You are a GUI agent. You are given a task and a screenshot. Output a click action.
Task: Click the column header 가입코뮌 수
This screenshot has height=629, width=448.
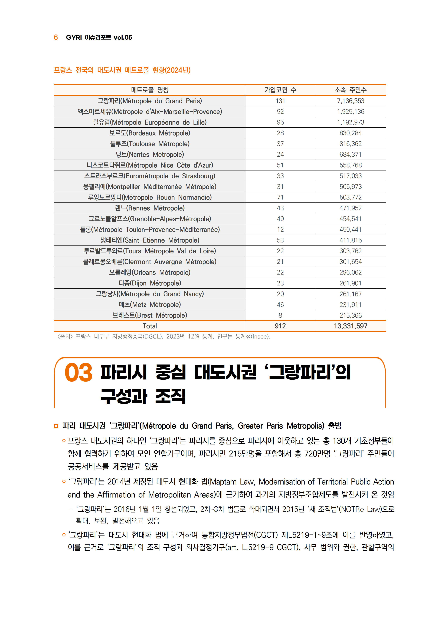280,90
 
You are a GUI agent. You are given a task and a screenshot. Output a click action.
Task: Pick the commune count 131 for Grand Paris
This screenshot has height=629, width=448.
280,101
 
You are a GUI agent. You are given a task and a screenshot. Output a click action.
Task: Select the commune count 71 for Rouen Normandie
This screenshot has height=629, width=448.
280,197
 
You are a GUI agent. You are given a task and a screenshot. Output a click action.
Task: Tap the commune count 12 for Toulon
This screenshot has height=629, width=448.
280,230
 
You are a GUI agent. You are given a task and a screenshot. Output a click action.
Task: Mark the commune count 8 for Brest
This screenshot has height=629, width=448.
280,315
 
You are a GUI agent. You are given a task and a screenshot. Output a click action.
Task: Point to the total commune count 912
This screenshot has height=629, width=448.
280,326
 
